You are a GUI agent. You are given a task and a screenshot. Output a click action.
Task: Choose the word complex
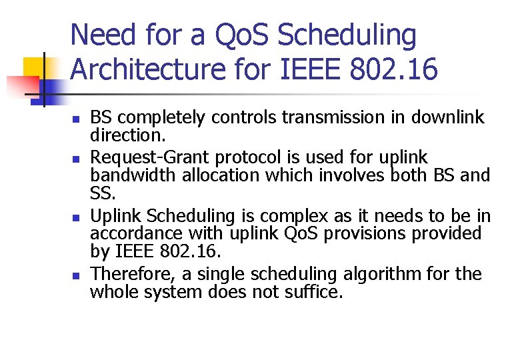(294, 217)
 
